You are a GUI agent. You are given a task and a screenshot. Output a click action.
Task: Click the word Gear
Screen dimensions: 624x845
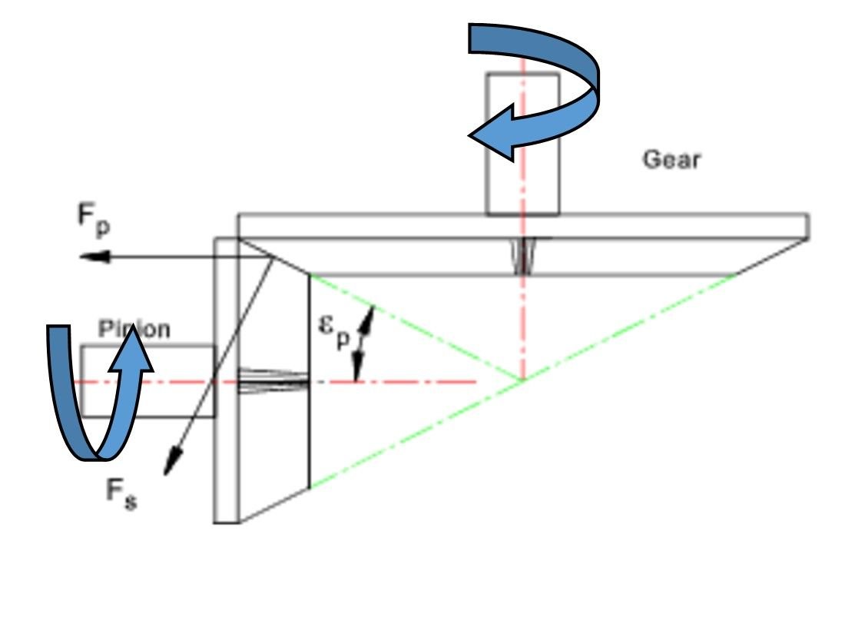pos(671,160)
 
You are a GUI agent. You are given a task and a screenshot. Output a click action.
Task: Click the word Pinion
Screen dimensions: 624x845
pos(134,330)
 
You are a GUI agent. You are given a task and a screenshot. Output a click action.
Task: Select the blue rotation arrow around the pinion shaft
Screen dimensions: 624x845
pos(92,400)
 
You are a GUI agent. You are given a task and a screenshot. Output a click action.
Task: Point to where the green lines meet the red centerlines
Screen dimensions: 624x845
pos(522,380)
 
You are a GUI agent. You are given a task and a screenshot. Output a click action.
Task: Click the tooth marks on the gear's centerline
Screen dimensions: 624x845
pos(522,256)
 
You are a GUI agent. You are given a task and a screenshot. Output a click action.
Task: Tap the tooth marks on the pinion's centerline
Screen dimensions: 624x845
pos(273,381)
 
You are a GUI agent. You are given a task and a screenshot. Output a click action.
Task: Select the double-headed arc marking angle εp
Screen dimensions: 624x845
pos(363,342)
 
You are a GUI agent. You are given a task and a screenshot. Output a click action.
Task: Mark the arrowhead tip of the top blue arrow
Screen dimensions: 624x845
pos(471,135)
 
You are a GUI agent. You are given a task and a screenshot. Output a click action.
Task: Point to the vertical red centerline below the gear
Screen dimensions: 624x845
pos(522,323)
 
